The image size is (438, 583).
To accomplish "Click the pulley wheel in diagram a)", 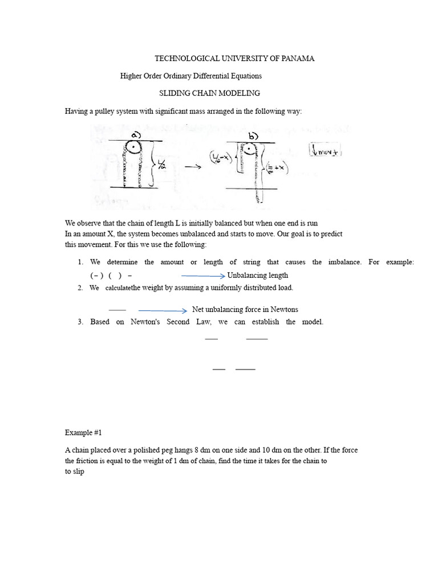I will point(132,147).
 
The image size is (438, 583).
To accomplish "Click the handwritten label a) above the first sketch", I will point(137,134).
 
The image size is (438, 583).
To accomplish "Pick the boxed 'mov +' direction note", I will point(322,151).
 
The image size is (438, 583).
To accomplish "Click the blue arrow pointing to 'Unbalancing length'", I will point(203,276).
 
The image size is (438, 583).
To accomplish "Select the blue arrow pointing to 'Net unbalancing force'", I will point(163,310).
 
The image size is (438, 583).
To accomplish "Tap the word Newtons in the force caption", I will point(285,310).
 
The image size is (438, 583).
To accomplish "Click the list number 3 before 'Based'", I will point(80,322).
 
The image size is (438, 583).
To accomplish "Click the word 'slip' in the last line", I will point(78,471).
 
